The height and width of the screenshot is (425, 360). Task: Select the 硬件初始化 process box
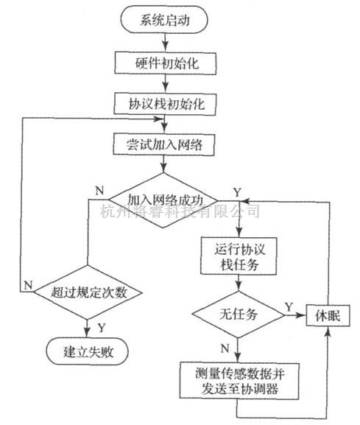pos(165,63)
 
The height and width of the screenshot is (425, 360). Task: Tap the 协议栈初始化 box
pos(165,104)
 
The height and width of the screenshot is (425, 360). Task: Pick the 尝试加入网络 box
pos(164,144)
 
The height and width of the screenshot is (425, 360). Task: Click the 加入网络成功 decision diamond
pos(163,200)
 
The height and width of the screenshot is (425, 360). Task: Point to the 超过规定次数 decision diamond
pos(88,292)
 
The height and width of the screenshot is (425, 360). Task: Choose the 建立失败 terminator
pos(88,351)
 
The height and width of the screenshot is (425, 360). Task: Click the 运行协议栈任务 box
pos(239,256)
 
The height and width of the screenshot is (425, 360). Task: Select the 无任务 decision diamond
pos(239,315)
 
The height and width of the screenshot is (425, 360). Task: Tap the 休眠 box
pos(328,315)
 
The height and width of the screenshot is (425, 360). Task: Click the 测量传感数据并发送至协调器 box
pos(239,381)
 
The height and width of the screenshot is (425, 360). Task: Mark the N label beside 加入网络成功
pos(99,191)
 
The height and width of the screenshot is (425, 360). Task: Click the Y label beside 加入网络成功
pos(237,192)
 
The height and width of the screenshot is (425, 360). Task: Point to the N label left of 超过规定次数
pos(28,285)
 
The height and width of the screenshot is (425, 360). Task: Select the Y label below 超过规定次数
pos(102,328)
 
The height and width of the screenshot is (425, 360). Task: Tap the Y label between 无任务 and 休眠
pos(289,307)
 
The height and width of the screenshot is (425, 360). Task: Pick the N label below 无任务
pos(225,348)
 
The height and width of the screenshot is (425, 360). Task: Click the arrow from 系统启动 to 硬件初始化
pos(165,43)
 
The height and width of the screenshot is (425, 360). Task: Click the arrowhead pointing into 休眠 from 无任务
pos(303,315)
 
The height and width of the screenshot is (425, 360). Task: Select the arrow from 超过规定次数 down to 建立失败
pos(87,329)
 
